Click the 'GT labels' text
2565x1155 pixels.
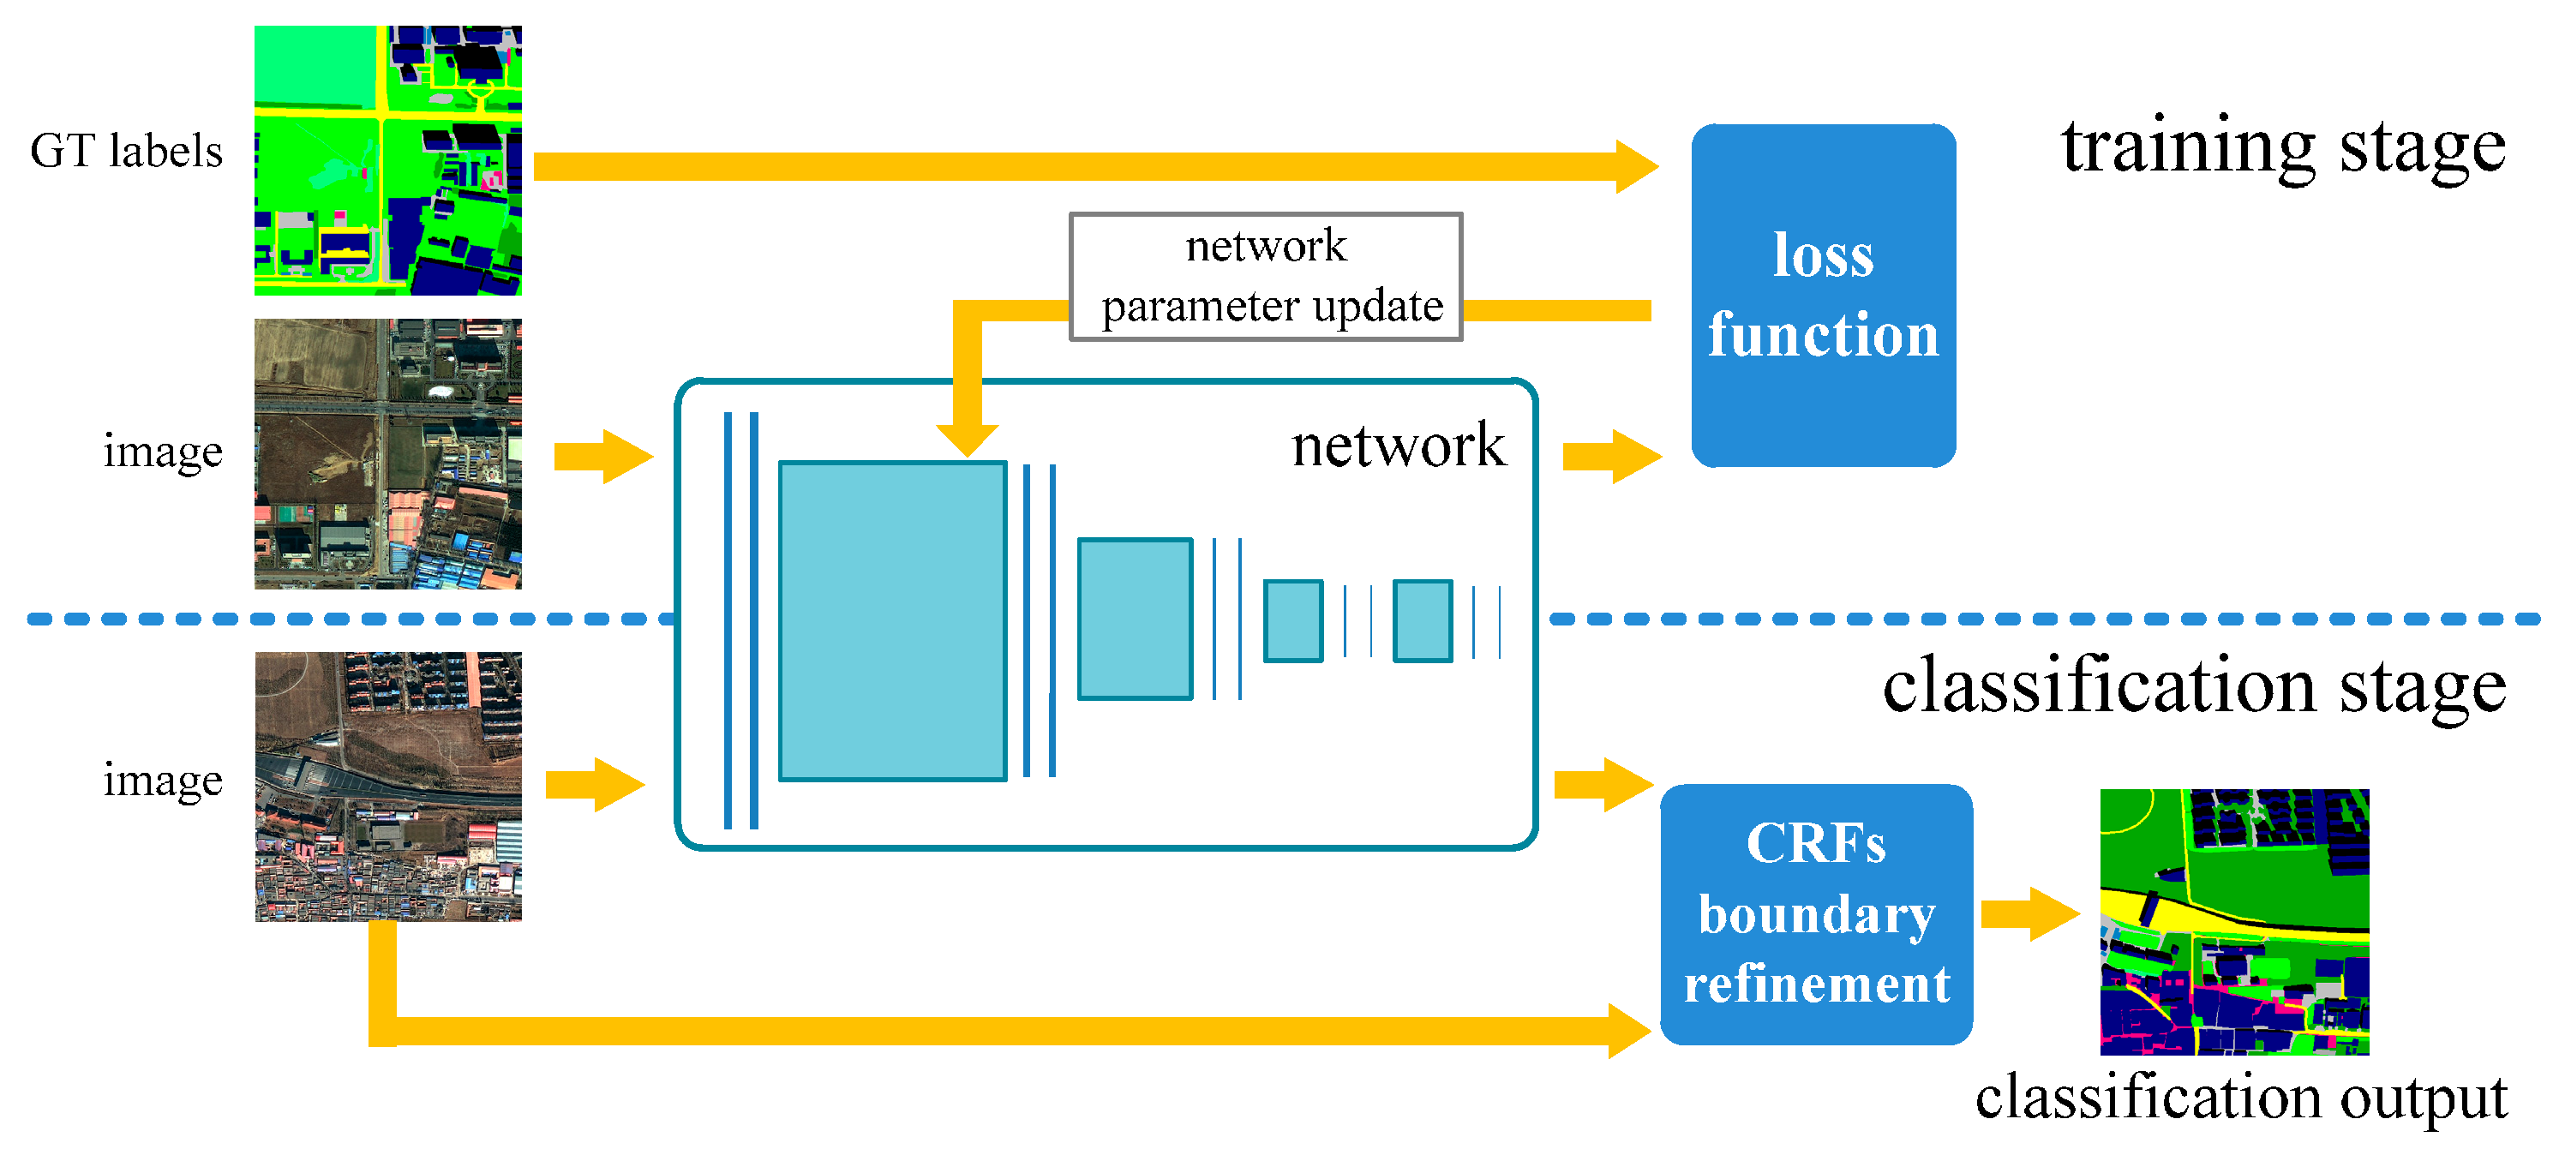[x=127, y=152]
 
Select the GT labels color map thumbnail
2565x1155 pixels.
[x=388, y=160]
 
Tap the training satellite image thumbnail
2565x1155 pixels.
[x=388, y=454]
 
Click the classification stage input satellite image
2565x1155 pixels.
[x=388, y=787]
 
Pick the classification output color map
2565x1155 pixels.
[x=2234, y=922]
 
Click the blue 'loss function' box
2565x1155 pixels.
[x=1823, y=296]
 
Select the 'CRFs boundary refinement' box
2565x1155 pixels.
[x=1816, y=914]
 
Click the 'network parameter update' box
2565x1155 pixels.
[x=1266, y=277]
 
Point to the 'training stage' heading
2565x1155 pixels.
[x=2283, y=147]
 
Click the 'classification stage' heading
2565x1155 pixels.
[x=2195, y=687]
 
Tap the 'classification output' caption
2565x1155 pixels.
[x=2240, y=1098]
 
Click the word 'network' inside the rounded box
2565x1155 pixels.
[x=1398, y=445]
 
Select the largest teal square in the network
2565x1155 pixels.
[x=892, y=620]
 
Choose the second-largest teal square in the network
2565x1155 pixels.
[x=1136, y=619]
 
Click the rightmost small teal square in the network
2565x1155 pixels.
[x=1423, y=620]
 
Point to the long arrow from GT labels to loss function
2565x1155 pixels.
[x=1096, y=166]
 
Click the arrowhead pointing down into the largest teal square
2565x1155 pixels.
[x=967, y=440]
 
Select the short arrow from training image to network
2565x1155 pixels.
[x=603, y=457]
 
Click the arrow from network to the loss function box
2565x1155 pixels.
[x=1612, y=457]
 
